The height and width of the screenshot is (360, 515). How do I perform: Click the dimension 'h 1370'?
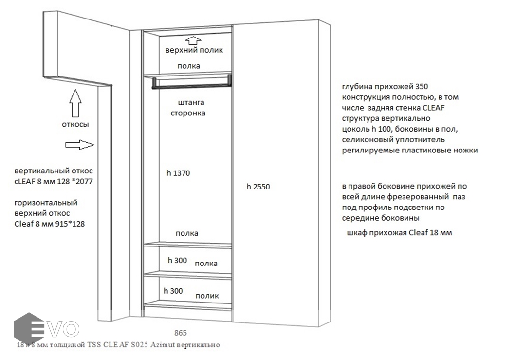pos(178,173)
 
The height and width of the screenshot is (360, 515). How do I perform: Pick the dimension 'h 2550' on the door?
pos(258,187)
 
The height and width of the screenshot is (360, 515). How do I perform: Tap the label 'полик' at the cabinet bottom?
pos(207,296)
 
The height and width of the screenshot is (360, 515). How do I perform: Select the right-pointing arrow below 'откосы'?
pos(79,145)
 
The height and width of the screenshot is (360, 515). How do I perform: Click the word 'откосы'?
pos(75,125)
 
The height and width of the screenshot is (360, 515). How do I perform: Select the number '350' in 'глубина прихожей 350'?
pos(422,87)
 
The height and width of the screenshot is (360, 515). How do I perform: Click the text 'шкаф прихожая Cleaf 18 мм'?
pos(399,232)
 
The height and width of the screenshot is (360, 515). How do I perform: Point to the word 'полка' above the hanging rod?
pos(188,66)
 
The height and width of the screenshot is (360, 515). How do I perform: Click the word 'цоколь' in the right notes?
pos(355,129)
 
